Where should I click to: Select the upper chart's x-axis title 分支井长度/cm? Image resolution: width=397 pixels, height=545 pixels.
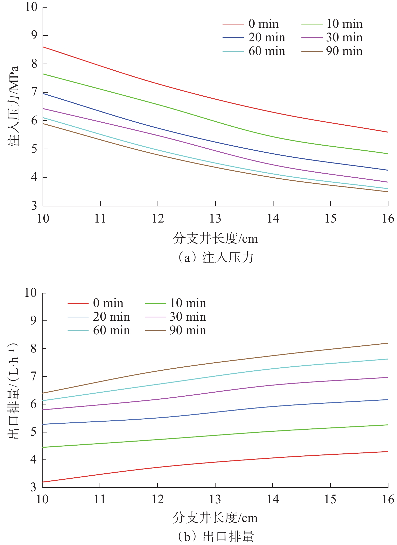pyautogui.click(x=215, y=238)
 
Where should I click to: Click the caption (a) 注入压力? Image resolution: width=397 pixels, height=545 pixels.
pyautogui.click(x=215, y=258)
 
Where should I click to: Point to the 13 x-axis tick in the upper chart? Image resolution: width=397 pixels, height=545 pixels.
pyautogui.click(x=215, y=219)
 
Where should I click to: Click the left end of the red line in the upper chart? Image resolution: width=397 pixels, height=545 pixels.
pyautogui.click(x=43, y=47)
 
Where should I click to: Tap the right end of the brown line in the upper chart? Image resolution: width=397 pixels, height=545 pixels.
pyautogui.click(x=388, y=192)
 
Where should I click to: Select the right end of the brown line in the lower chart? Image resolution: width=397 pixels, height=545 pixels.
pyautogui.click(x=388, y=343)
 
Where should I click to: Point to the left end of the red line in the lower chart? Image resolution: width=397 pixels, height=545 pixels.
pyautogui.click(x=43, y=482)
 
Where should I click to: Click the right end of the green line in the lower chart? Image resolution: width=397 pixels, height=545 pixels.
pyautogui.click(x=388, y=425)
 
